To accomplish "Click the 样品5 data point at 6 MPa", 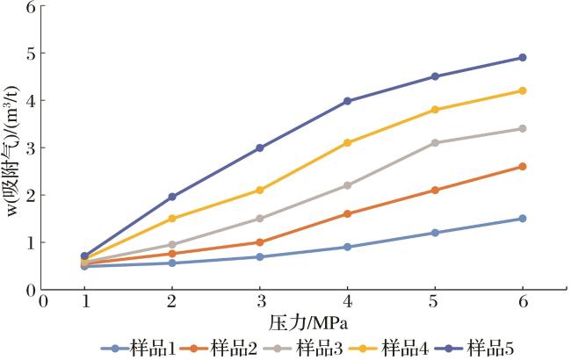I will [523, 58].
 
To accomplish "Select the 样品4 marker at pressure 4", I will [348, 142].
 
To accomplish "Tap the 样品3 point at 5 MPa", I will [435, 142].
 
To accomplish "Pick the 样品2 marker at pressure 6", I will [523, 166].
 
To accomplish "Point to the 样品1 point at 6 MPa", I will [523, 219].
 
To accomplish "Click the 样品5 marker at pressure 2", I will [172, 197].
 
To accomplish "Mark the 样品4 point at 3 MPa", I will [260, 190].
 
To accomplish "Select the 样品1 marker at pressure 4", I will [348, 247].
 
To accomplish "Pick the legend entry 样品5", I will [504, 348].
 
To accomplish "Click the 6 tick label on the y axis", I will [32, 7].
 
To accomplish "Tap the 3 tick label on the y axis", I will [32, 148].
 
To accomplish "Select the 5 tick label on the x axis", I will [435, 301].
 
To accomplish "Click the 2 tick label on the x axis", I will [172, 301].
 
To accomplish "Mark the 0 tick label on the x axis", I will [42, 301].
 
